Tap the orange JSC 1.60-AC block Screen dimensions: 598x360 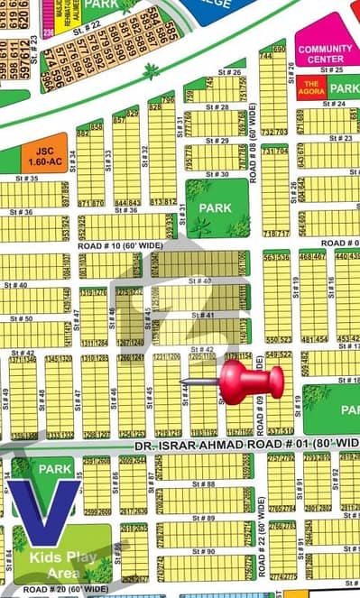click(44, 155)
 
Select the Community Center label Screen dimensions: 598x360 click(326, 54)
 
